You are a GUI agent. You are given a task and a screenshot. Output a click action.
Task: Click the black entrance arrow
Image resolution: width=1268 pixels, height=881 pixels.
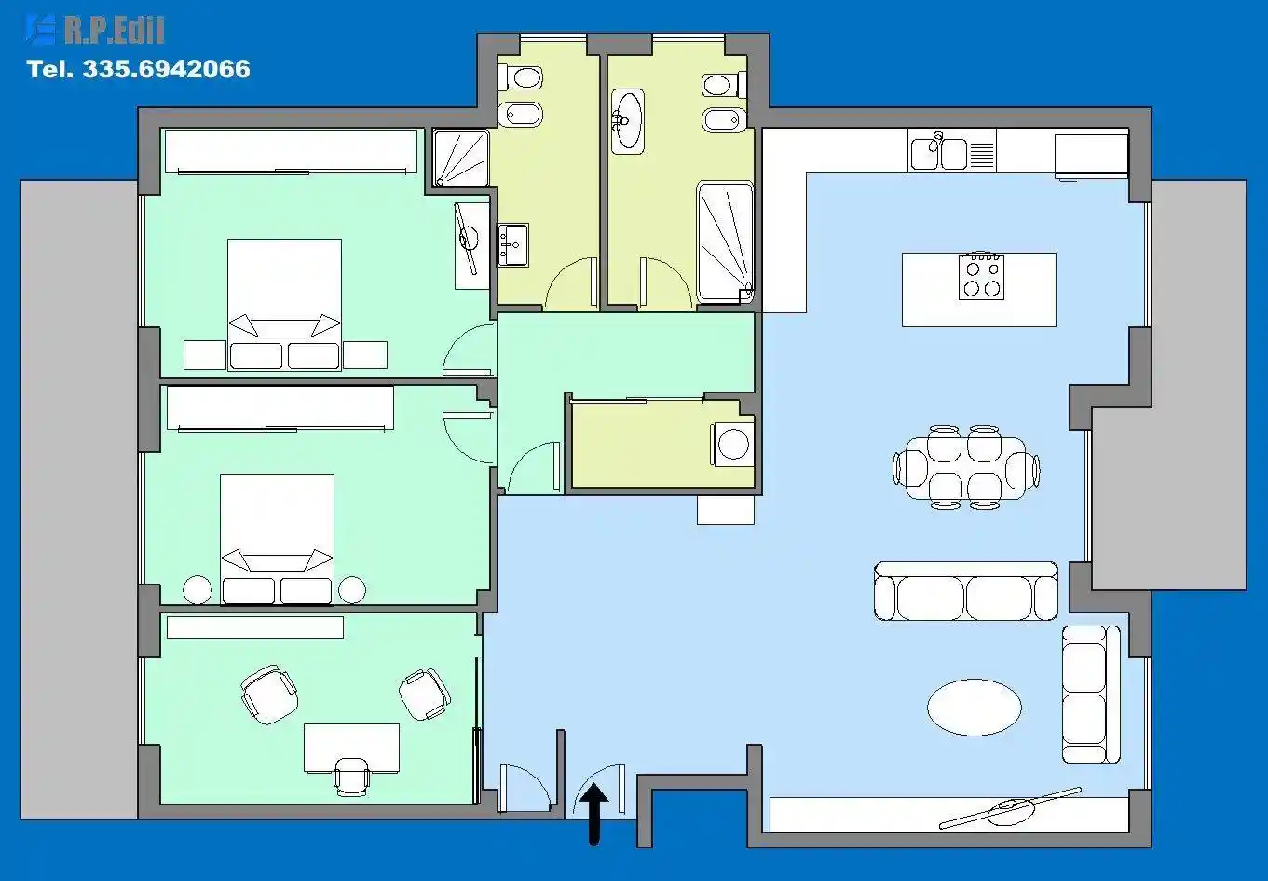593,814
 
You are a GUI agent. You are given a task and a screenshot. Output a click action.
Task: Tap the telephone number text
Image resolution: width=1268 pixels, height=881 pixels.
138,69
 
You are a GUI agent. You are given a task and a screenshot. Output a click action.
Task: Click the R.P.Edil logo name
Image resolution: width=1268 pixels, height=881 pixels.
114,30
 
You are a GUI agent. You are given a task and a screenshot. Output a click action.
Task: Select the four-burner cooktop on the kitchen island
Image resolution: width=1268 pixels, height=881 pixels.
981,277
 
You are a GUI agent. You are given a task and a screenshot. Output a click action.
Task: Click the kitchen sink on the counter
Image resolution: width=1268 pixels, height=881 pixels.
938,151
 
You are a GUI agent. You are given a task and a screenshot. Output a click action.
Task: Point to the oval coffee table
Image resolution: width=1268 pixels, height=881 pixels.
975,707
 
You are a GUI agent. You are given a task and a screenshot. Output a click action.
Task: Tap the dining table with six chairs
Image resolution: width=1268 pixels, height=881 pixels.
966,467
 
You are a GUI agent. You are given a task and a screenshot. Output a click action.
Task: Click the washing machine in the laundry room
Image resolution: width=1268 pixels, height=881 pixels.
732,444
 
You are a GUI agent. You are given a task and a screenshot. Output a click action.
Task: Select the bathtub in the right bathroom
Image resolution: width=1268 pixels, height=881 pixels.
725,241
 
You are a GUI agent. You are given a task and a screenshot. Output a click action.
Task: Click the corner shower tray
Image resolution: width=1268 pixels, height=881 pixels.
461,158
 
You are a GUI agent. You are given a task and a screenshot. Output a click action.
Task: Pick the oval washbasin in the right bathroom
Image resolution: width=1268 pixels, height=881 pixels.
627,120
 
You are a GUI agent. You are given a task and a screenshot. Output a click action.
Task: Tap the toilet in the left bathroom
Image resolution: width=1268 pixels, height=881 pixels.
520,77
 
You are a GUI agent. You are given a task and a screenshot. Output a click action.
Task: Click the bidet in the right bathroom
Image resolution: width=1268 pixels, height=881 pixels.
725,120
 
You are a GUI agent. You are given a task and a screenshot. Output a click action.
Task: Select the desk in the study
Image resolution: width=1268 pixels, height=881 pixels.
351,748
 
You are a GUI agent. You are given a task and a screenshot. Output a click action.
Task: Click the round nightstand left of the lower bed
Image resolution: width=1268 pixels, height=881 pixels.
197,590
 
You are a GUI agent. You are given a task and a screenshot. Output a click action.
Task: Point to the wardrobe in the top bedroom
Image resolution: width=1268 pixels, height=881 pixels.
291,151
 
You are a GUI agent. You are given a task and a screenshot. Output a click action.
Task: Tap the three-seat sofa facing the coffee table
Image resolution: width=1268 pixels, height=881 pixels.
966,591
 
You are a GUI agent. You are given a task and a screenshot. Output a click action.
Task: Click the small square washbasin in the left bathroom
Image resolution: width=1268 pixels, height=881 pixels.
512,245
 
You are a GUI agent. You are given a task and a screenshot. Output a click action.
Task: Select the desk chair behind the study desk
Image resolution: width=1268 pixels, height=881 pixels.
351,777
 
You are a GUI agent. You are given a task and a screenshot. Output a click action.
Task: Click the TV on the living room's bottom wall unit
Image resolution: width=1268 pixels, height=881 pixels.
1011,808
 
